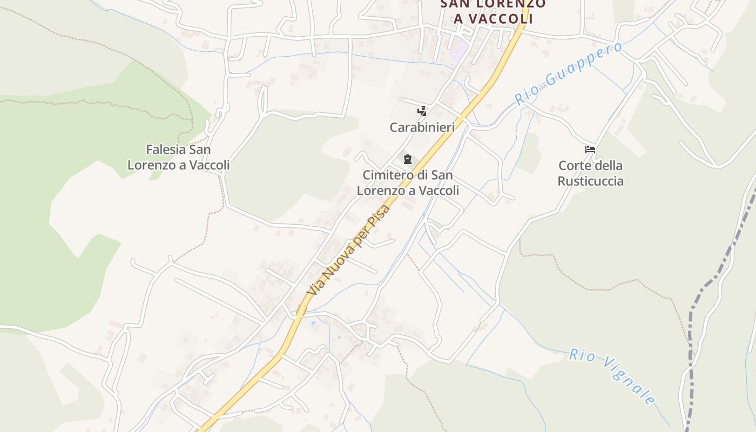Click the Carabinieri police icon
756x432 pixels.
pos(422,111)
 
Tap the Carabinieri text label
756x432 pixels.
pos(422,127)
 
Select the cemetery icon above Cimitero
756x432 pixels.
pos(407,159)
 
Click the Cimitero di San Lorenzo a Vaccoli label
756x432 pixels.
pos(408,183)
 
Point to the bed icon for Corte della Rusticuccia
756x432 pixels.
pos(590,150)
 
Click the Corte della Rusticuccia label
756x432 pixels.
pos(590,173)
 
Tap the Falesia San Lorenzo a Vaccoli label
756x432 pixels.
pos(178,157)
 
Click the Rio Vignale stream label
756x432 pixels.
pos(612,377)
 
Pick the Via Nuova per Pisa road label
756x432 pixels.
pos(349,249)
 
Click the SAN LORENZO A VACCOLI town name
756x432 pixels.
pos(493,11)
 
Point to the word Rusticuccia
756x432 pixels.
pos(590,181)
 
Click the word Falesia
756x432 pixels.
pos(166,149)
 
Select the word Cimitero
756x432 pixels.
pos(387,175)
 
